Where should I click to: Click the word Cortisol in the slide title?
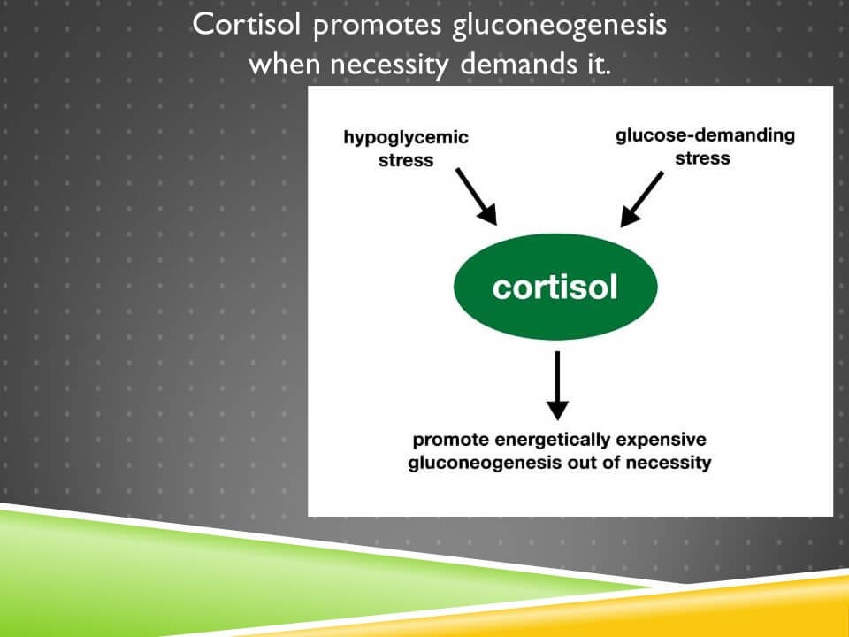click(x=248, y=25)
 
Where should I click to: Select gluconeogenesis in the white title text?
click(x=559, y=27)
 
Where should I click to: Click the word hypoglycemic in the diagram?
click(x=406, y=138)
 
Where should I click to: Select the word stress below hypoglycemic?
click(x=406, y=160)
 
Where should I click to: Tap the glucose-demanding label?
click(x=705, y=136)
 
